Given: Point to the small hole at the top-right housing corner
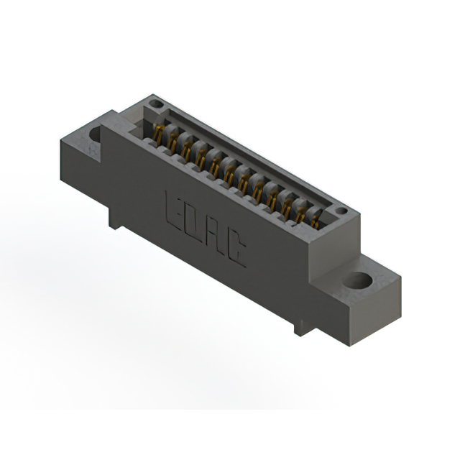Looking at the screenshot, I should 342,211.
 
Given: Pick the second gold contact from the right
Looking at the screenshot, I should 300,213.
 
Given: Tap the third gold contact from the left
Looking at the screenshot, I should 187,151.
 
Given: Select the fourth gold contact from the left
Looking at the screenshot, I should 201,159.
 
